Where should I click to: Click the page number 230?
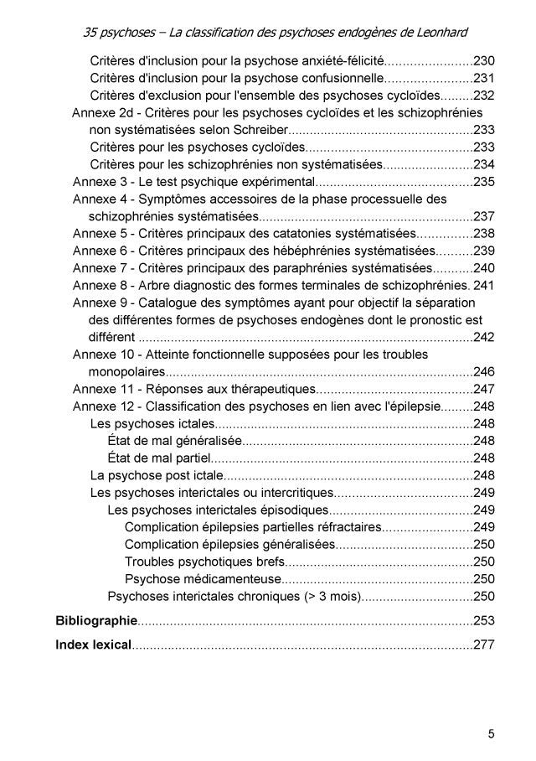click(x=485, y=61)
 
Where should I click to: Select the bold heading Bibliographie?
click(x=95, y=620)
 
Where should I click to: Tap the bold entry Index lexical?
click(x=93, y=645)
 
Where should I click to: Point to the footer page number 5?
click(x=492, y=734)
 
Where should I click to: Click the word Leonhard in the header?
click(x=436, y=33)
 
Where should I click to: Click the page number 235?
click(x=485, y=182)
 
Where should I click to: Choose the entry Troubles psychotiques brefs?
click(x=204, y=561)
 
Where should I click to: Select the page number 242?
click(x=485, y=337)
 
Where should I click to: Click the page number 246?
click(x=485, y=371)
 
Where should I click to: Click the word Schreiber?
click(x=259, y=130)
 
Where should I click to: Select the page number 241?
click(x=485, y=285)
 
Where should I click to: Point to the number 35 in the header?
click(x=93, y=33)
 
